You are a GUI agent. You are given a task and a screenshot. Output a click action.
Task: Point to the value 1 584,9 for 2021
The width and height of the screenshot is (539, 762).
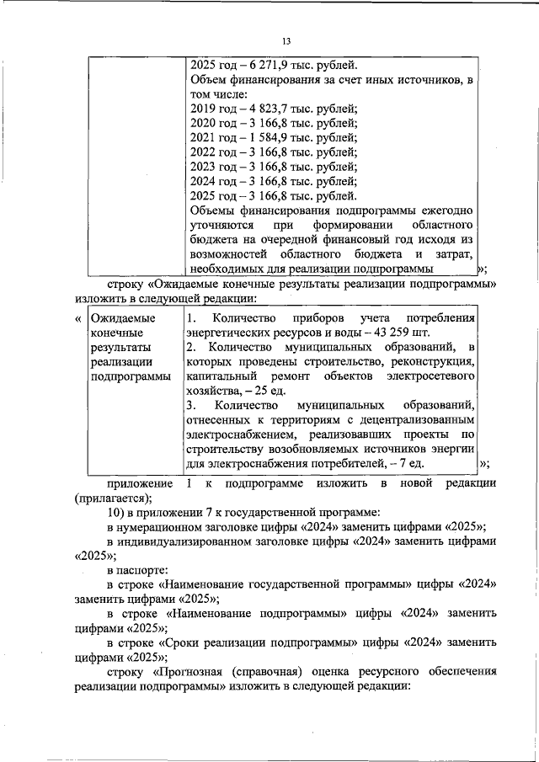[266, 137]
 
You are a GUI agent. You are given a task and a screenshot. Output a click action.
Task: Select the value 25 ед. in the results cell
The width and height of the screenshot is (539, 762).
[282, 392]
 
